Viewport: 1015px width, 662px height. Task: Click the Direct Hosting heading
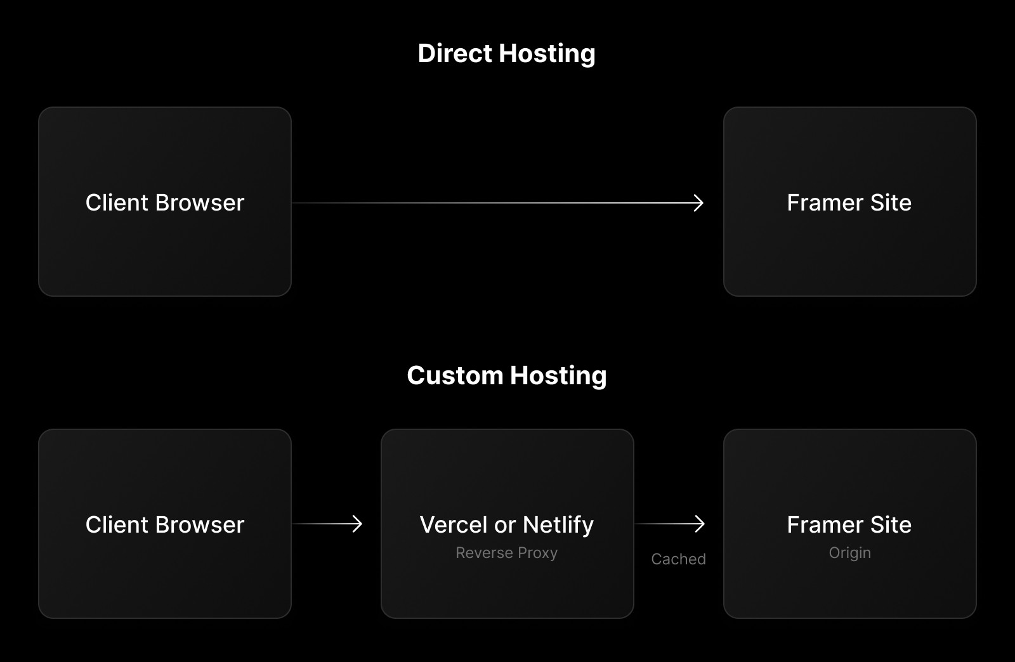click(x=506, y=54)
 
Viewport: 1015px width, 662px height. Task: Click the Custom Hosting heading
click(x=506, y=376)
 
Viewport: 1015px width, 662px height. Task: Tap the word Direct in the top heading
click(x=455, y=54)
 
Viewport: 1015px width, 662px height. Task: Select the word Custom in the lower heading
click(x=455, y=376)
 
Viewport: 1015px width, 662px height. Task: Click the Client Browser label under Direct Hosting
click(x=164, y=203)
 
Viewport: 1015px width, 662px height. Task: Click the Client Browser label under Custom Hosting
click(x=164, y=525)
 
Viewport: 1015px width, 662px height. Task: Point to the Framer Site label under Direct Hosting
click(x=849, y=203)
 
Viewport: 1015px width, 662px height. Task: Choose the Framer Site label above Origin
click(x=849, y=525)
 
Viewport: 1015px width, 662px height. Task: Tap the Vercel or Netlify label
click(x=506, y=525)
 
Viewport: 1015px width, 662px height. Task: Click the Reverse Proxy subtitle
click(x=506, y=553)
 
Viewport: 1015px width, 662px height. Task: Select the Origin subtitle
click(x=849, y=553)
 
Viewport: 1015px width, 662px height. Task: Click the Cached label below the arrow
click(x=678, y=559)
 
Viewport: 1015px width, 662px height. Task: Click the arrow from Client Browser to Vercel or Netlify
click(x=327, y=524)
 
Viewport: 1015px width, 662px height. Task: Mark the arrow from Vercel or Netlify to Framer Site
click(x=670, y=524)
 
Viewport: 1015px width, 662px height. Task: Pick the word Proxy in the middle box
click(x=537, y=553)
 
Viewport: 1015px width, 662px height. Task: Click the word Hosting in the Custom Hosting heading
click(x=558, y=376)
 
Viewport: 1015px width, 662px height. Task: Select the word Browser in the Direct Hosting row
click(x=199, y=203)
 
